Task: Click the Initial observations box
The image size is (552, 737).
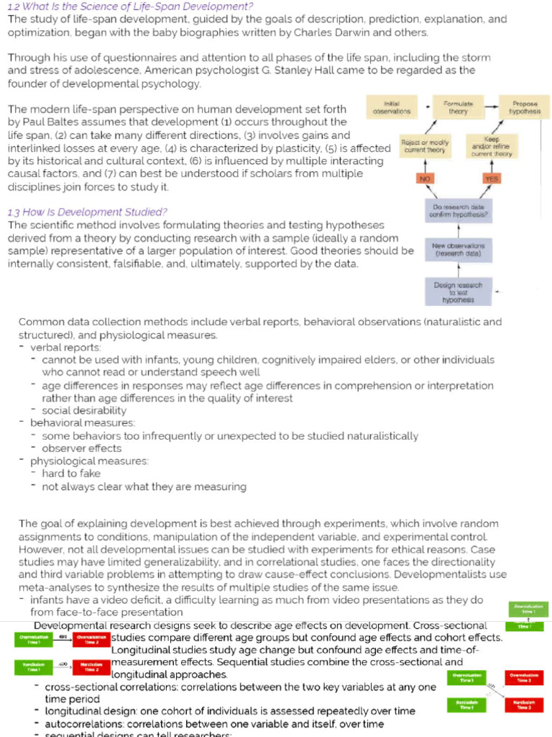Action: click(x=392, y=108)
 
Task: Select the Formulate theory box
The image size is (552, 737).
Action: click(x=458, y=108)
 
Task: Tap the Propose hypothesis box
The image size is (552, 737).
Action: click(x=525, y=108)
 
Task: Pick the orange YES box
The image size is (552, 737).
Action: click(x=492, y=178)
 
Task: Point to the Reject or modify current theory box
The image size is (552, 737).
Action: click(x=425, y=146)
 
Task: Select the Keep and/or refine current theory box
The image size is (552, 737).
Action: click(x=492, y=146)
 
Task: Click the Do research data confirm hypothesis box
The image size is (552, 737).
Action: click(x=458, y=211)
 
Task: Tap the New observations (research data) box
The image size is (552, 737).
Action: click(x=458, y=250)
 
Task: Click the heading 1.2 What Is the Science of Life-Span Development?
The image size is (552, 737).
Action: click(x=130, y=6)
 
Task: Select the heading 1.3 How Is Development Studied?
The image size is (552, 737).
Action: click(x=87, y=212)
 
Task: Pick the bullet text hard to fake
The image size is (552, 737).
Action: click(x=71, y=474)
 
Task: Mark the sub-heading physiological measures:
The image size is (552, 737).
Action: click(x=89, y=461)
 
